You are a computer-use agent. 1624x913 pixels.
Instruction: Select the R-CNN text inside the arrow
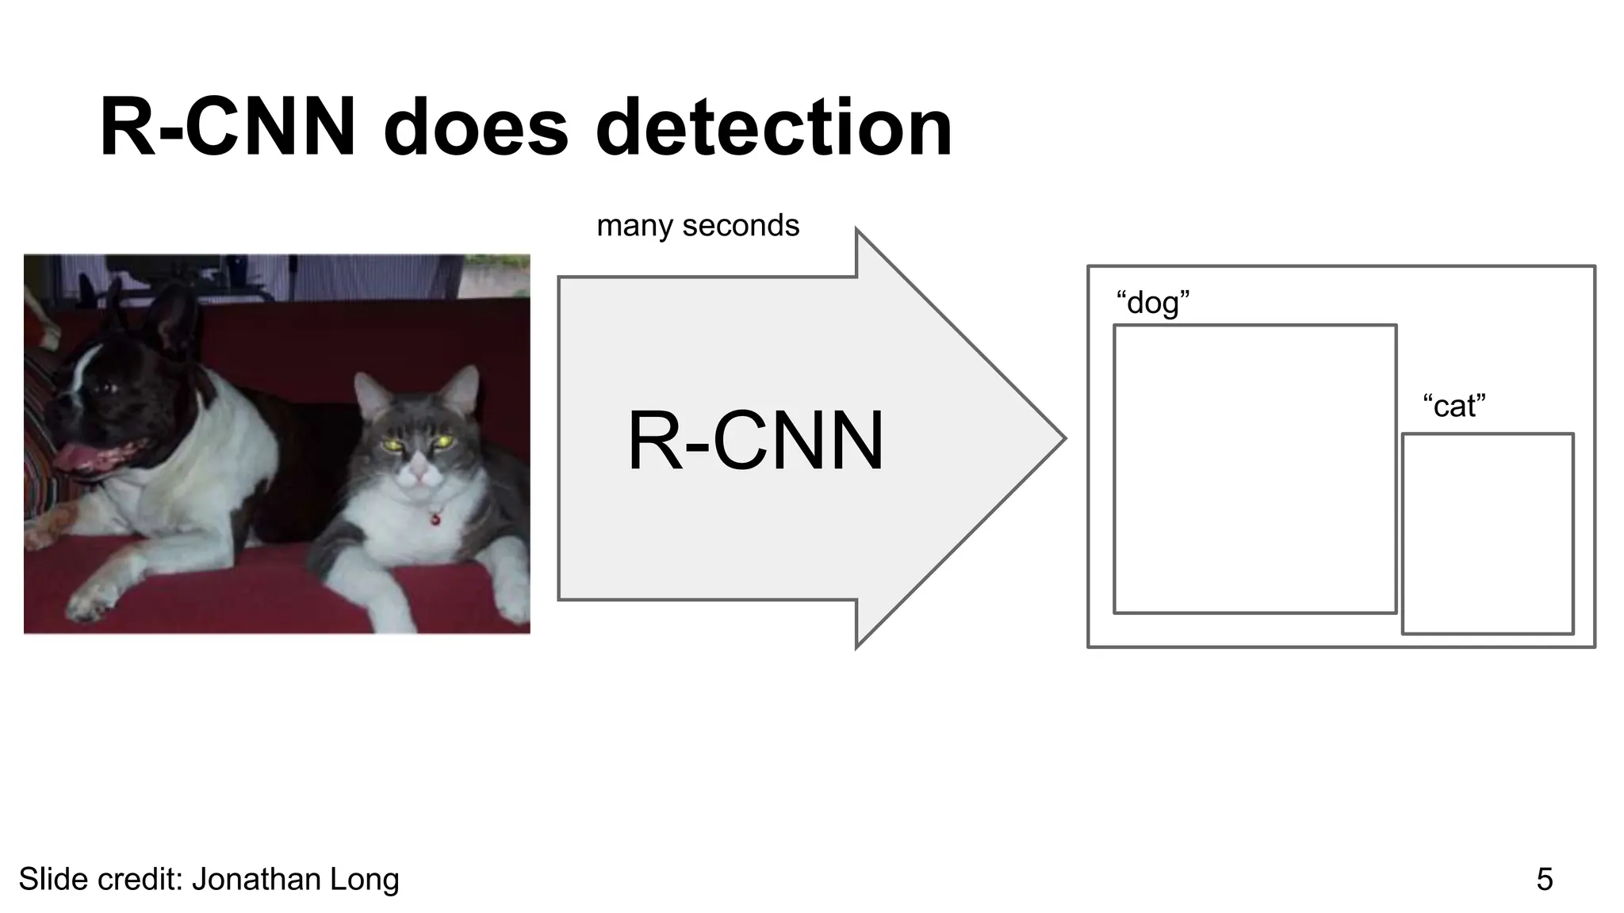point(755,441)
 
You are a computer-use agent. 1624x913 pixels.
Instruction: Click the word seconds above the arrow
point(741,226)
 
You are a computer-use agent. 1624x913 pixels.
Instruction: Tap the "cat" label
point(1454,406)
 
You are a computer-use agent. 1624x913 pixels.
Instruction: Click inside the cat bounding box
point(1487,533)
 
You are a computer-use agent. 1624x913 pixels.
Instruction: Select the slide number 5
point(1544,880)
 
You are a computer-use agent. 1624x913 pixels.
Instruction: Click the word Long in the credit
point(371,880)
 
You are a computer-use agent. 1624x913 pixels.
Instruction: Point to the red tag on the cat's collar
point(435,519)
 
